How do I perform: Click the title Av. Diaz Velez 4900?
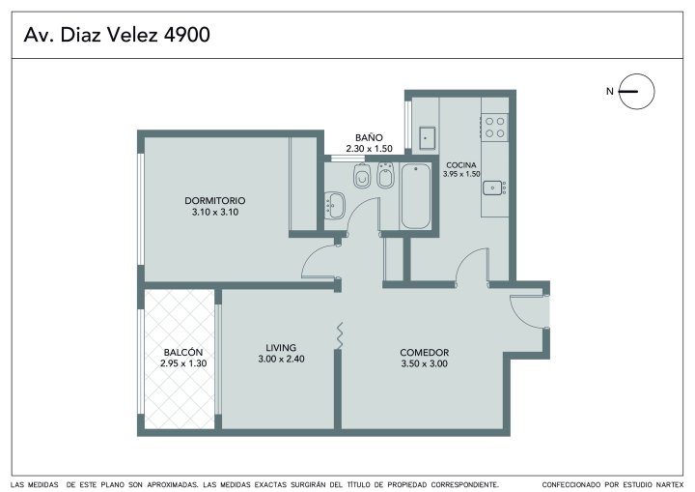[117, 35]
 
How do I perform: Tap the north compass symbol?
[636, 92]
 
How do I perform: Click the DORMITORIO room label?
[215, 200]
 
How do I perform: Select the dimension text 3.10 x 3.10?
[215, 213]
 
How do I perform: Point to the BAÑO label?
[369, 137]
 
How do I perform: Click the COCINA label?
[461, 164]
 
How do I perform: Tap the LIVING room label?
[281, 348]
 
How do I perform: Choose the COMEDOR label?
[424, 352]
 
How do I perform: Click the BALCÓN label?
[183, 352]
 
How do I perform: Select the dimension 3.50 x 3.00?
[424, 363]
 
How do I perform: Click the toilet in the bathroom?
[362, 176]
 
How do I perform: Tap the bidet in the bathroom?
[385, 175]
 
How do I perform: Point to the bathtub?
[415, 196]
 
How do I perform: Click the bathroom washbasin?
[335, 205]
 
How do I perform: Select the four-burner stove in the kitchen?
[494, 127]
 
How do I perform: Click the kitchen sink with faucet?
[494, 188]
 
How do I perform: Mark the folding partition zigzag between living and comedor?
[340, 336]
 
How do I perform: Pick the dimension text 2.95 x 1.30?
[183, 363]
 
